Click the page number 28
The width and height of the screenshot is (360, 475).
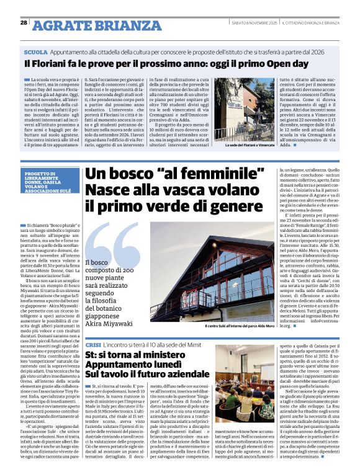pyautogui.click(x=24, y=22)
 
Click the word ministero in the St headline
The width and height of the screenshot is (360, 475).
pyautogui.click(x=180, y=356)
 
